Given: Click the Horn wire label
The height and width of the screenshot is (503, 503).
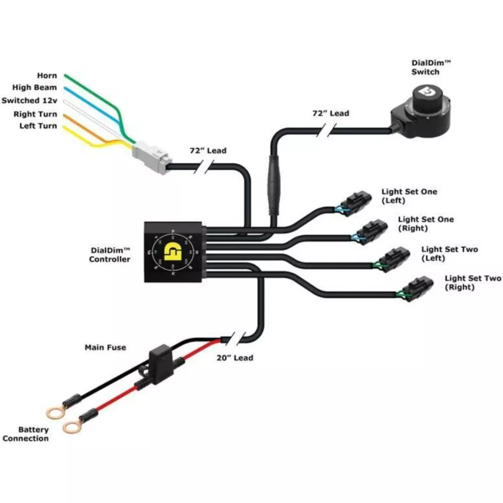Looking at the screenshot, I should [x=47, y=76].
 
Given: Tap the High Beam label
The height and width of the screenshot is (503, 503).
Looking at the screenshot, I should [x=34, y=88].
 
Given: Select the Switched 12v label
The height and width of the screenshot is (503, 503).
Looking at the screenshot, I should [x=29, y=101].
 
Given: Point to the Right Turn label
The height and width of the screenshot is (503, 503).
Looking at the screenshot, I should [x=35, y=114].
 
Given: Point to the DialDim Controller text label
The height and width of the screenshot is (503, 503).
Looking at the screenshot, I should [x=110, y=255].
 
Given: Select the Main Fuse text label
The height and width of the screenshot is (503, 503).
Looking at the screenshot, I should [x=105, y=347].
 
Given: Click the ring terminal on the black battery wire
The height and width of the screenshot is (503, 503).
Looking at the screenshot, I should [x=54, y=413].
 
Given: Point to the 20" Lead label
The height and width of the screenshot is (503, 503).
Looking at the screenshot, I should [x=235, y=358].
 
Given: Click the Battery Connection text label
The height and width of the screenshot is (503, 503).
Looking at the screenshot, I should [x=26, y=434].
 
